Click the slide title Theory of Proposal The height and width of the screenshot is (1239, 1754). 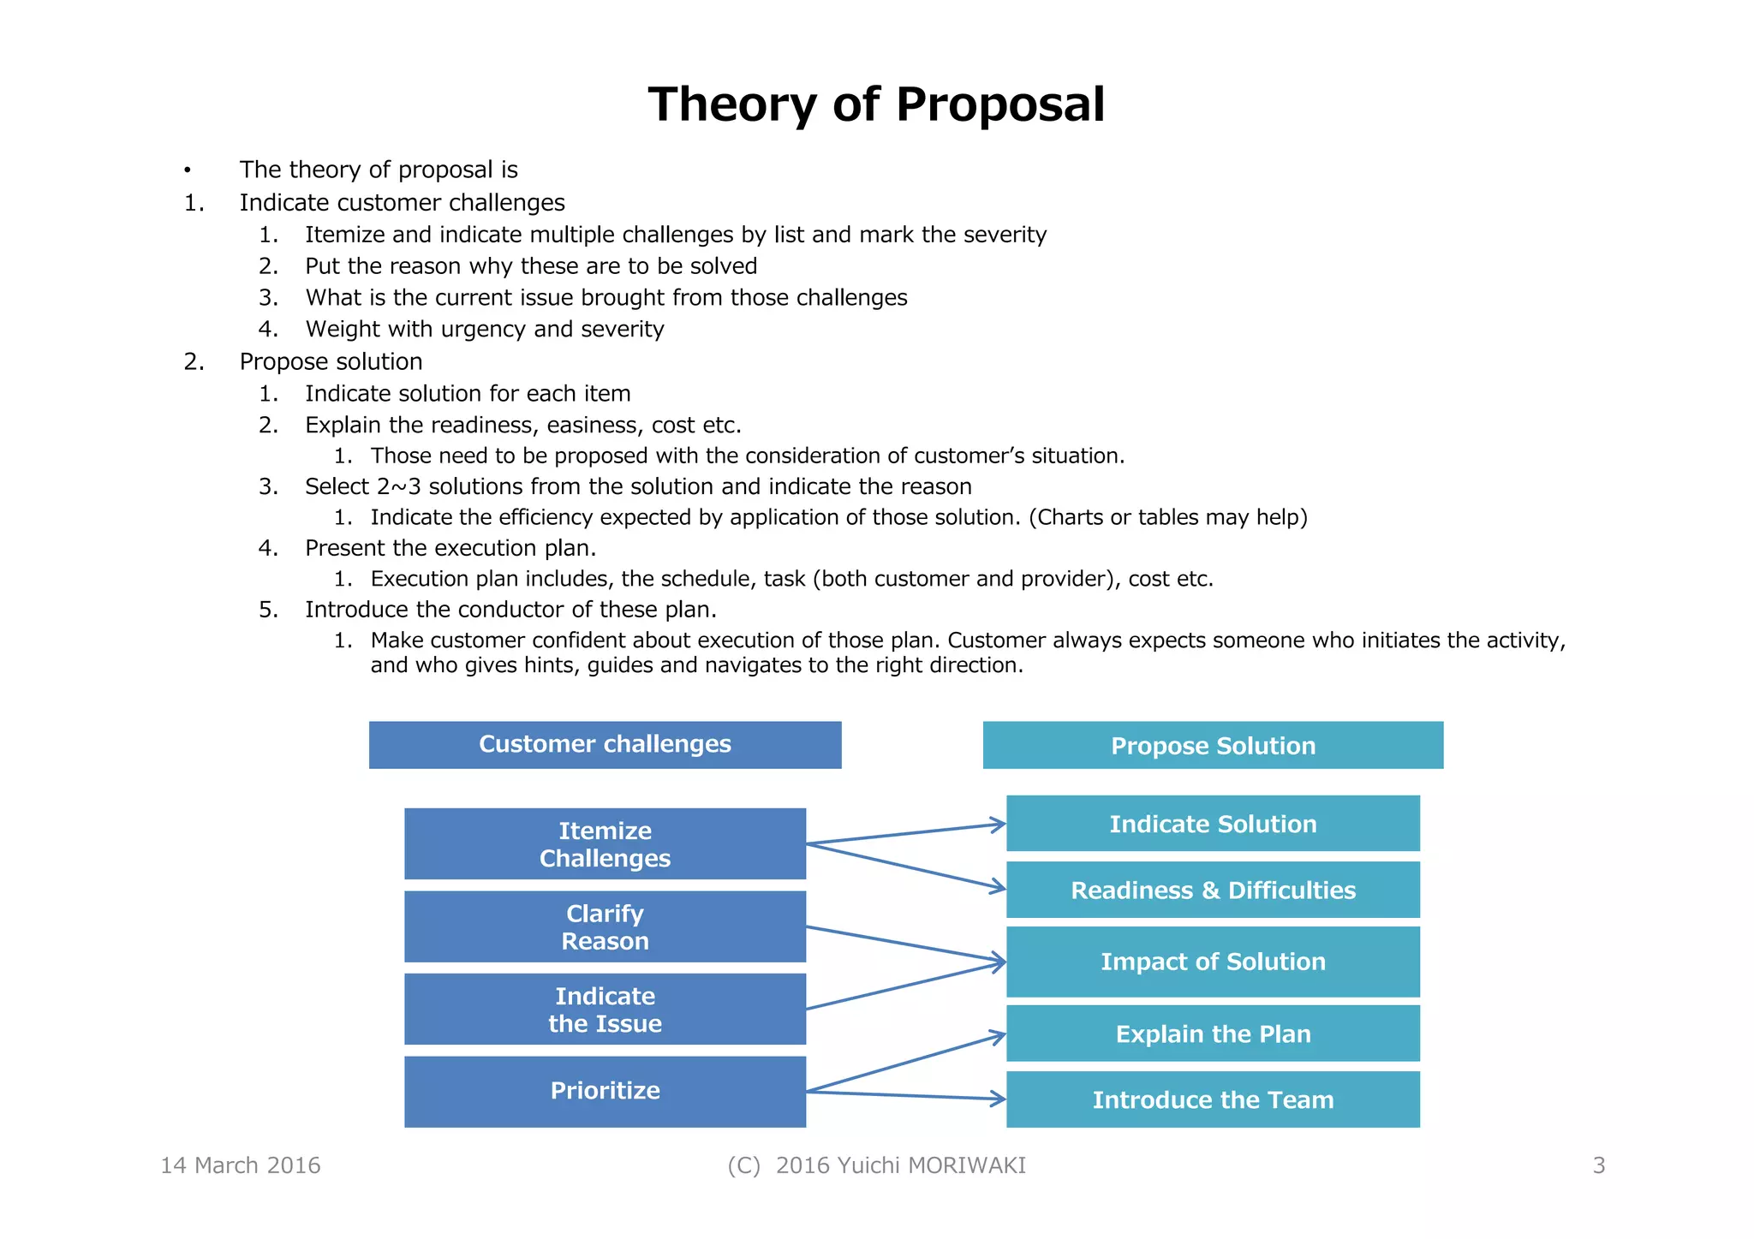(876, 104)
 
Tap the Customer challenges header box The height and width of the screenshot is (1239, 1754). (605, 744)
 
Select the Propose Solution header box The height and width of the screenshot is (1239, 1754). (1213, 745)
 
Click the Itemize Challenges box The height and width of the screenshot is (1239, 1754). (605, 843)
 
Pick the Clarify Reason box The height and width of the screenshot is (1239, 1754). (605, 926)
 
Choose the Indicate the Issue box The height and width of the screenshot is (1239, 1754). (605, 1009)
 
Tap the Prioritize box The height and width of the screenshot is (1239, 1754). (605, 1091)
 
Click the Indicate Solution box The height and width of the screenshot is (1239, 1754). (1213, 824)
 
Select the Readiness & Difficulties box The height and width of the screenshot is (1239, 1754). (1213, 890)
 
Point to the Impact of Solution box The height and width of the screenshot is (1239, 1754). (1213, 962)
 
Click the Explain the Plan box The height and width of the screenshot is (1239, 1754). (1213, 1033)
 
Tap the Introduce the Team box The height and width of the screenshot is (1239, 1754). (1213, 1099)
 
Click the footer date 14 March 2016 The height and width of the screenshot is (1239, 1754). (241, 1165)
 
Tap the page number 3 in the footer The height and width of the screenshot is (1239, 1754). (1598, 1165)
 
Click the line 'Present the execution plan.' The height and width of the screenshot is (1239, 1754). (450, 548)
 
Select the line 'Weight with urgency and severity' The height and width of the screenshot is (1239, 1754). (485, 330)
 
